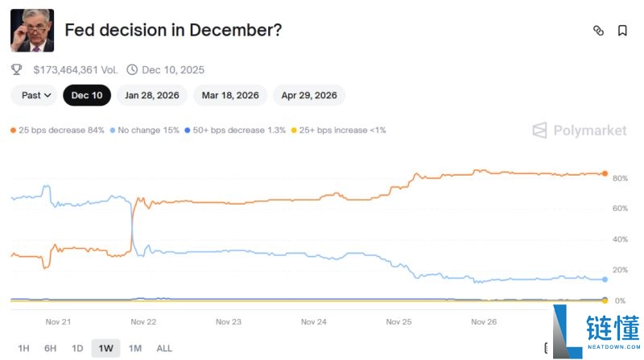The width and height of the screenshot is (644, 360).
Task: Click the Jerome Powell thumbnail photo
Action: pos(31,31)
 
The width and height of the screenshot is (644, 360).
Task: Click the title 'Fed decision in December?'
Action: pos(173,31)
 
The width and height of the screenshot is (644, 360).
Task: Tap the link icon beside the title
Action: pos(598,31)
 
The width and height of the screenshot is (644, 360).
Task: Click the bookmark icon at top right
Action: pos(622,31)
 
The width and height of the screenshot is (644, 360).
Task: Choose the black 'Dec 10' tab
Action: pos(87,95)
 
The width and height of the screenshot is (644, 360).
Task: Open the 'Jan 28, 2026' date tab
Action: pos(152,95)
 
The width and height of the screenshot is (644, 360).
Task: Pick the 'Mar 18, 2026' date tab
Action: pos(230,95)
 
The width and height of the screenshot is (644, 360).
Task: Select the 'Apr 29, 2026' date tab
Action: pos(309,95)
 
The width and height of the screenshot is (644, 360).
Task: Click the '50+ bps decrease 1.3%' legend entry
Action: pos(235,130)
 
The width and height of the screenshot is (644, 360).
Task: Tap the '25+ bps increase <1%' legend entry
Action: pos(338,130)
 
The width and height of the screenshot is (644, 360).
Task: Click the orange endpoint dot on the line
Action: pos(605,173)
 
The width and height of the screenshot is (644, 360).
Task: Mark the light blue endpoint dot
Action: pos(605,279)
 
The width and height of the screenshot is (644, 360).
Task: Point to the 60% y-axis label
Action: pos(619,209)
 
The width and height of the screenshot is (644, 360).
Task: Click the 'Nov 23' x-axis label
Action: pos(229,322)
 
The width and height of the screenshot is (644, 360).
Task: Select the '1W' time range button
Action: pos(106,348)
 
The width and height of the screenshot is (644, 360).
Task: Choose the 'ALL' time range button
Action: pos(164,348)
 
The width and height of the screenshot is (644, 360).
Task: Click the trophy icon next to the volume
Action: pos(17,70)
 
